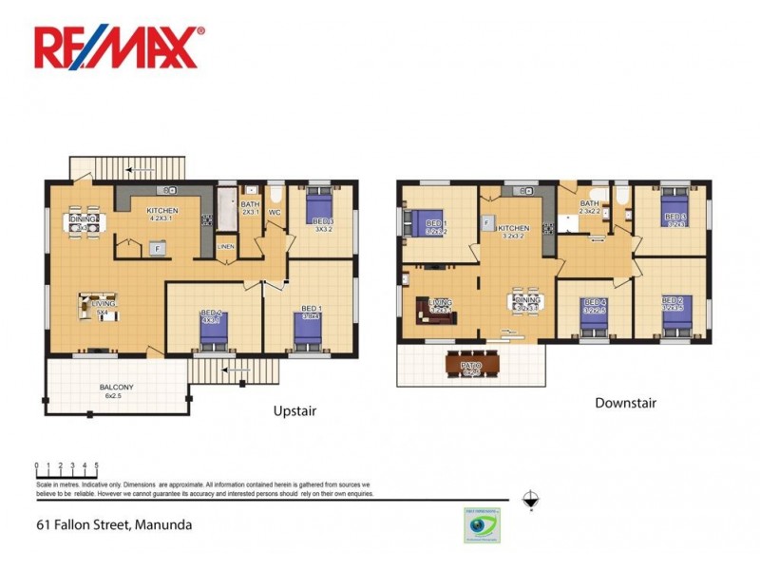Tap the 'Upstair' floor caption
point(294,411)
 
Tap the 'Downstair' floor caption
point(625,403)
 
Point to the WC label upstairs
point(274,213)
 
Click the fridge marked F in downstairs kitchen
point(485,224)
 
